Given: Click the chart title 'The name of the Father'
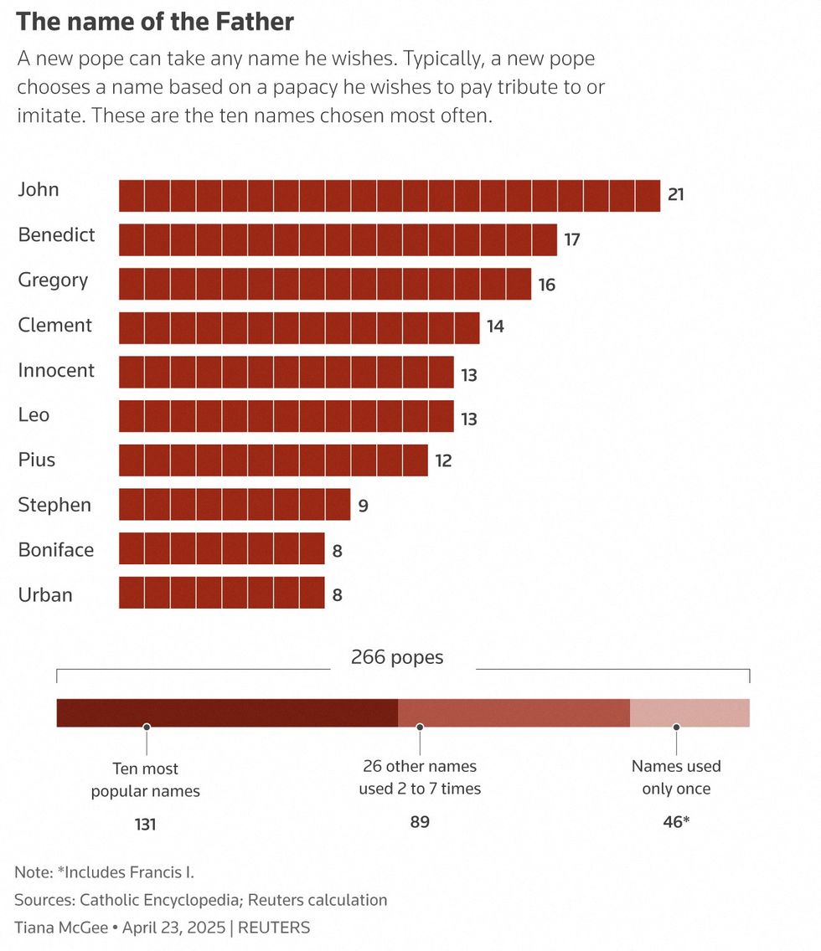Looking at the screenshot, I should [x=155, y=22].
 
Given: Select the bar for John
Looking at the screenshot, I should [x=389, y=196].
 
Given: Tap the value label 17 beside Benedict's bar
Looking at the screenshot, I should [x=572, y=240].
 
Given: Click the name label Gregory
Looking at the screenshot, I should [x=53, y=280].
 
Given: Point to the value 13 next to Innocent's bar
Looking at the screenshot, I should [x=469, y=375].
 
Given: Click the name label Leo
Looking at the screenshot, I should [x=34, y=415].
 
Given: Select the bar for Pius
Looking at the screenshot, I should [x=273, y=460].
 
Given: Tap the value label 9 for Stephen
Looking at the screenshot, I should [x=363, y=506].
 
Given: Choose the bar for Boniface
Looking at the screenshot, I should [x=221, y=549].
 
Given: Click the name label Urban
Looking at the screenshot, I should [x=45, y=595].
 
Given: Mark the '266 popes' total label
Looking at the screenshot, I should [x=397, y=657].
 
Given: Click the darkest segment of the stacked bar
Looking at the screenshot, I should [x=226, y=712].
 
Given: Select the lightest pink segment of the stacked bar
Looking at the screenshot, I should [x=689, y=712].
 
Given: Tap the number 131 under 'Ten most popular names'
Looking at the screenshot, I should [x=146, y=825].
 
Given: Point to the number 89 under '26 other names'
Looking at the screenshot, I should [x=420, y=822].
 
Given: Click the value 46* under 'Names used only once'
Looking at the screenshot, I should [x=676, y=822].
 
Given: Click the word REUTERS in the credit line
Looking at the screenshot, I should [x=275, y=928].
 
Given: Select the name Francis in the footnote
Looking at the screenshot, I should [x=156, y=872].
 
